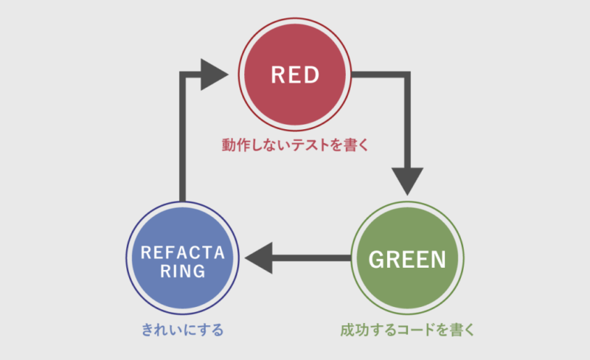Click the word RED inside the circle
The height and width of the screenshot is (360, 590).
tap(295, 75)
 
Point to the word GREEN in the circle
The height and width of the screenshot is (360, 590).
tap(407, 259)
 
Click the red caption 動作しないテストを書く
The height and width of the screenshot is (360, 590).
tap(294, 145)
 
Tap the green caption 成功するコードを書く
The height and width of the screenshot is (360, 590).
tap(407, 329)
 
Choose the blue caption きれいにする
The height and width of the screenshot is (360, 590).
tap(183, 329)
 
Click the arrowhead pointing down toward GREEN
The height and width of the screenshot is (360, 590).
tap(407, 181)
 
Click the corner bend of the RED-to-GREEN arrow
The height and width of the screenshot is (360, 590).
tap(407, 75)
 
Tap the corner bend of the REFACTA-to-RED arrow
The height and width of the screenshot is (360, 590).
tap(183, 75)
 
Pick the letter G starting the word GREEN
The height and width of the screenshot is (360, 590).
tap(375, 259)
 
